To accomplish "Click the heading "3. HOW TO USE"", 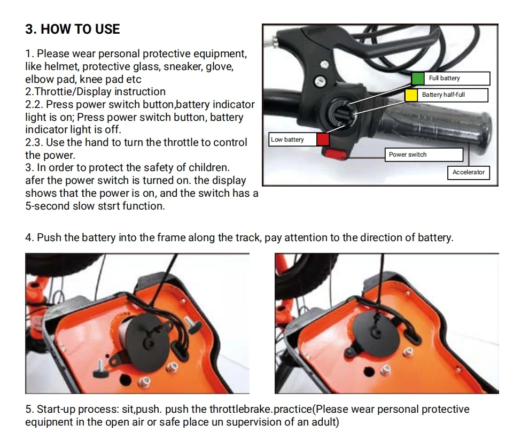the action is tap(73, 29).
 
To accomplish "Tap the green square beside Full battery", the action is tap(417, 79).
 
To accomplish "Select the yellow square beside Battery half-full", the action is tap(411, 95).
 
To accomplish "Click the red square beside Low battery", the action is tap(323, 140).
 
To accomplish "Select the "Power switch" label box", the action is tap(424, 155).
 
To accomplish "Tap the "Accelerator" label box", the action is tap(468, 172).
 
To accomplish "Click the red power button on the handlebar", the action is tap(335, 154).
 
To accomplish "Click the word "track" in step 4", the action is tap(247, 237).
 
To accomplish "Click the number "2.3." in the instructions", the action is tap(34, 143).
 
